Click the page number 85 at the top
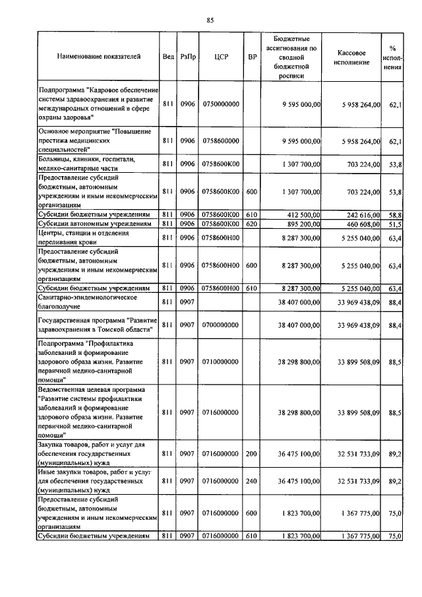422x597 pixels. tap(210, 20)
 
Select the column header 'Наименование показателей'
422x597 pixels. tap(98, 57)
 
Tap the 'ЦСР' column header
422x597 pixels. tap(221, 57)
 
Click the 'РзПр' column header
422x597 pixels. tap(188, 57)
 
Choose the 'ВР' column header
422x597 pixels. tap(252, 57)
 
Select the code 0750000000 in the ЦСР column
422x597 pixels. tap(221, 104)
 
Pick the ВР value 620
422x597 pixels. tap(252, 225)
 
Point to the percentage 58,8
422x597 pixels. tap(396, 215)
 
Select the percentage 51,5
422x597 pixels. tap(396, 225)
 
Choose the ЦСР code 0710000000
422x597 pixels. tap(221, 362)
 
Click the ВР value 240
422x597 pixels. tap(252, 482)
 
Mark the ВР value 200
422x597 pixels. tap(252, 454)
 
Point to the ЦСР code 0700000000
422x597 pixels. tap(221, 325)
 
